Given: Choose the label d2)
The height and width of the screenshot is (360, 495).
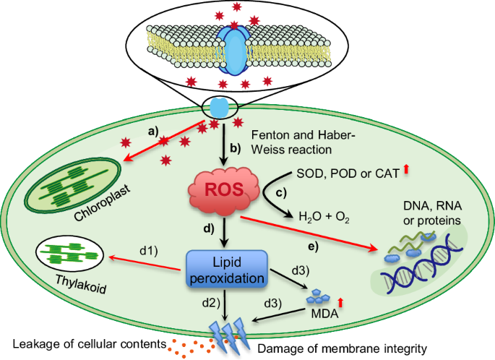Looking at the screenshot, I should click(x=212, y=299).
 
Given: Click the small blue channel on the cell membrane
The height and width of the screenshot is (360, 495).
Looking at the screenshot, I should click(x=219, y=108).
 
